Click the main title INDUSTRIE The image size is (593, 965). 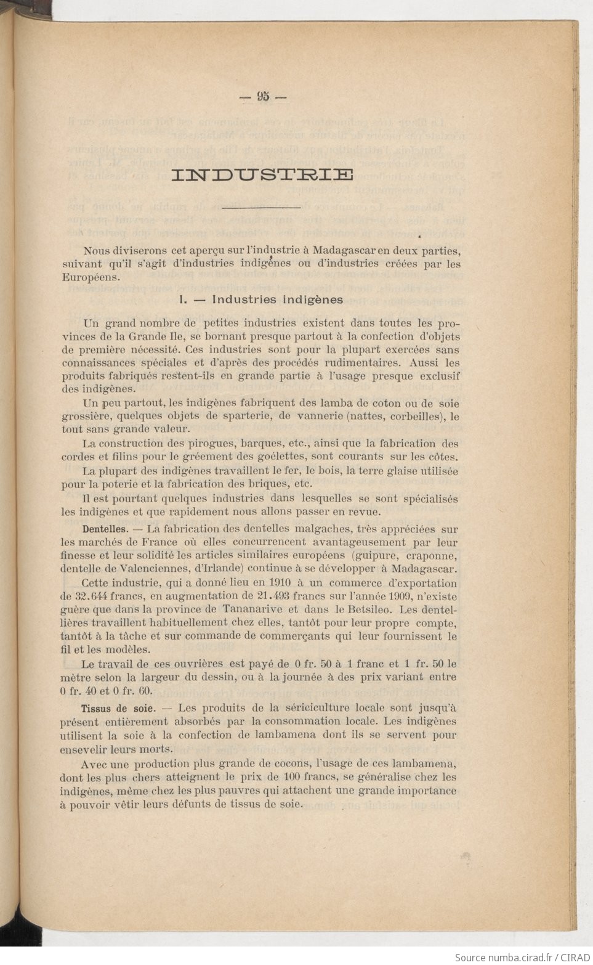(262, 175)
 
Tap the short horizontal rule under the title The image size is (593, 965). (260, 208)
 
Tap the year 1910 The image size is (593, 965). (273, 583)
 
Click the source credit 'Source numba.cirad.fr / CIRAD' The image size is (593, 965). (521, 957)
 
